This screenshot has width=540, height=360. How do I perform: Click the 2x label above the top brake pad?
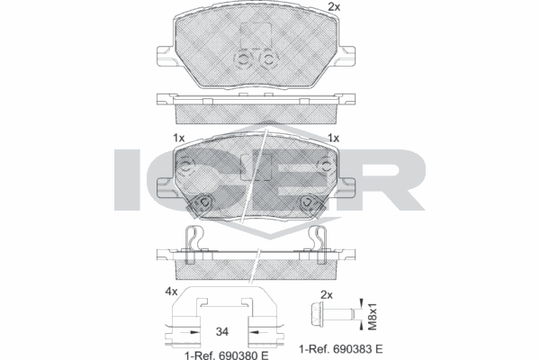point(333,7)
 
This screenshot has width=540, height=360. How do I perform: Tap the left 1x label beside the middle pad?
point(179,138)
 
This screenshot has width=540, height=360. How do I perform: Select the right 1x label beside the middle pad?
point(333,138)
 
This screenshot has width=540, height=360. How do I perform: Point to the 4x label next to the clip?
point(171,292)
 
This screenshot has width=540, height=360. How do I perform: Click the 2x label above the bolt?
point(327,295)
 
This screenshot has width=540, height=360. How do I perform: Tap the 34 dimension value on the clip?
point(222,332)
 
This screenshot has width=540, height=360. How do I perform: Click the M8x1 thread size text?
point(373,317)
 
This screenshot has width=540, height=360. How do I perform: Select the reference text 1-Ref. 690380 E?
point(226,355)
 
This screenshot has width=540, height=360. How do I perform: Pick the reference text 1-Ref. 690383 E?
point(340,349)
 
